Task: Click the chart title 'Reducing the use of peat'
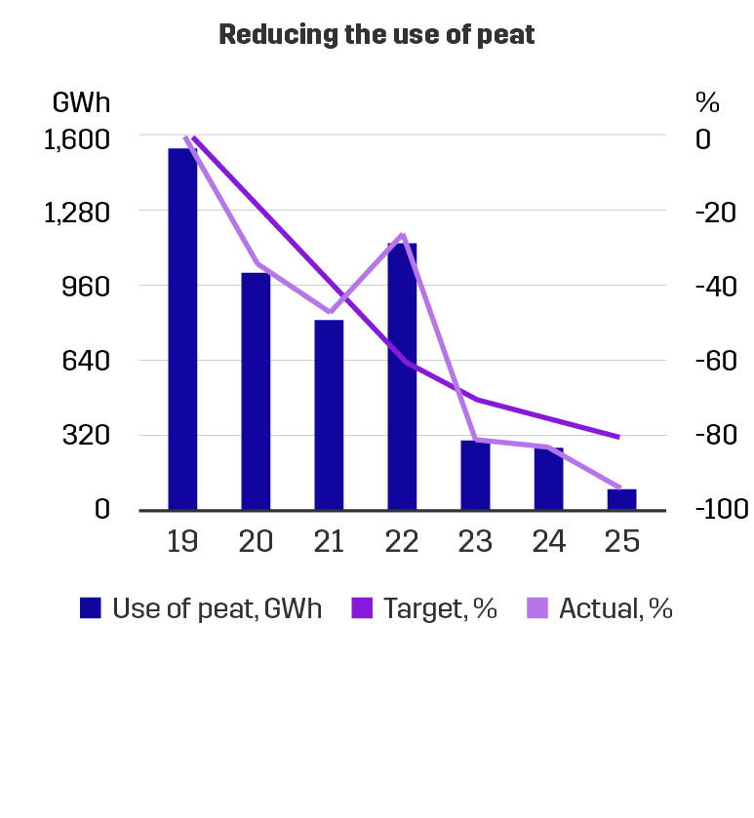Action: tap(377, 36)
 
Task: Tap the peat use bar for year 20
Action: tap(256, 390)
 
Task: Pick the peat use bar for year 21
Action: tap(329, 414)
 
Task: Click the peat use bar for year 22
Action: tap(402, 375)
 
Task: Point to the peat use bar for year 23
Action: tap(475, 475)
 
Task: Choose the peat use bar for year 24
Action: tap(548, 479)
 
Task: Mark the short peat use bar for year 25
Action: tap(621, 498)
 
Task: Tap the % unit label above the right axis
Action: tap(706, 101)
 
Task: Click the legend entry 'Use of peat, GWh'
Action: tap(215, 609)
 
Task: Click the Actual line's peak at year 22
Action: tap(402, 235)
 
